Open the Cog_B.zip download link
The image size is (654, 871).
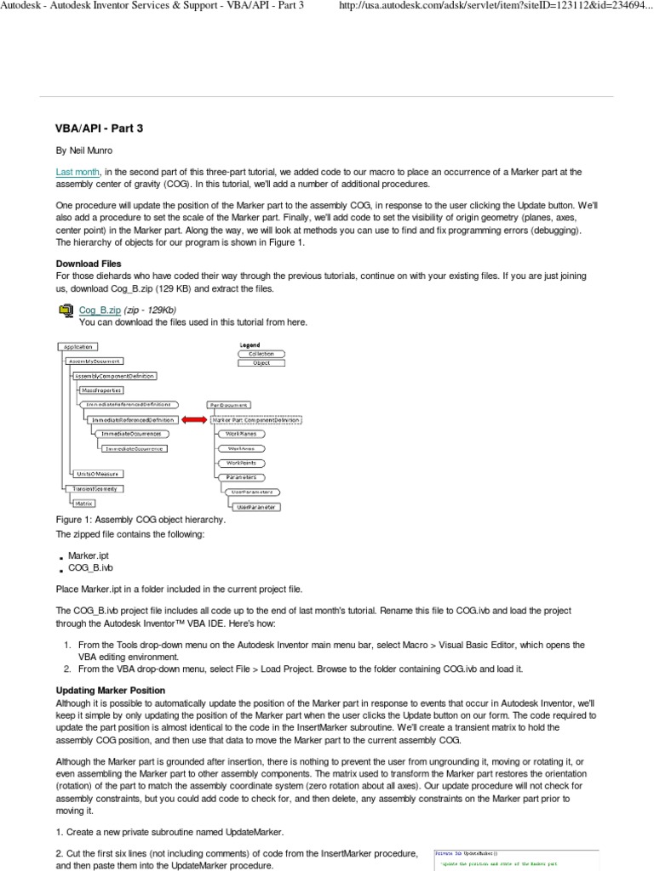99,310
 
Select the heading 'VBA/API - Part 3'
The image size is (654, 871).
100,128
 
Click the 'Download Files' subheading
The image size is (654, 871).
88,264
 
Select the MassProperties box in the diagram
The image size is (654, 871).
101,390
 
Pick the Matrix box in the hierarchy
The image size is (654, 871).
83,503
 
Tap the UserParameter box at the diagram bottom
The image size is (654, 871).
257,506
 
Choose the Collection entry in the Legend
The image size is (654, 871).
261,353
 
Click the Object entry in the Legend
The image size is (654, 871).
261,363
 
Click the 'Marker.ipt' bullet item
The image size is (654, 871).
88,555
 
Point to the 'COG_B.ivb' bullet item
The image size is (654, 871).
90,567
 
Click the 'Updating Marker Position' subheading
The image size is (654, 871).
110,690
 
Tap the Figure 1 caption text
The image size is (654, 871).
141,519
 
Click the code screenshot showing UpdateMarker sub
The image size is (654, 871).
516,859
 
